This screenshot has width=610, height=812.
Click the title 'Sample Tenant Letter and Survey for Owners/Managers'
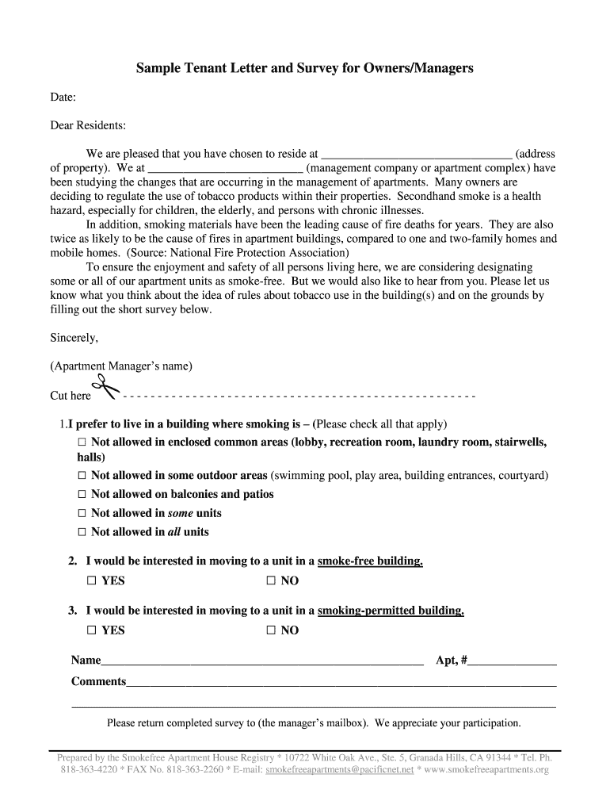pyautogui.click(x=304, y=68)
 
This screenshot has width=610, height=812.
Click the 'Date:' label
pyautogui.click(x=63, y=97)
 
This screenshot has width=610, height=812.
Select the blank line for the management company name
pyautogui.click(x=226, y=170)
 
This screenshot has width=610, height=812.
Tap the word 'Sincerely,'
pyautogui.click(x=74, y=338)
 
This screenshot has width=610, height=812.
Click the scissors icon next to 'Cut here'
pyautogui.click(x=106, y=391)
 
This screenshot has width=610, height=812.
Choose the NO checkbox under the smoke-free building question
pyautogui.click(x=271, y=580)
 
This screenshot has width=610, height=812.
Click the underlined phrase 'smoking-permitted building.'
pyautogui.click(x=391, y=611)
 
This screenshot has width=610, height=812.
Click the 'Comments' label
pyautogui.click(x=98, y=681)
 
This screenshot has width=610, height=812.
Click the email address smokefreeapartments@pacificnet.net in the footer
pyautogui.click(x=340, y=770)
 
